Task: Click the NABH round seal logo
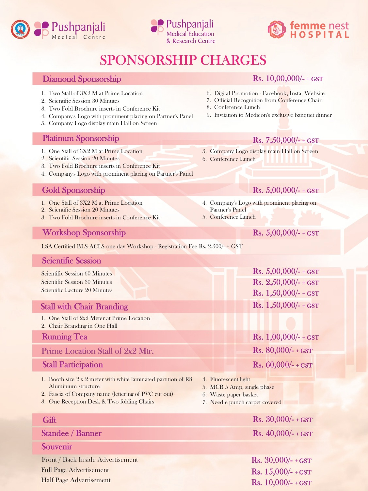pos(20,29)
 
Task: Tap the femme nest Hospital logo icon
pos(277,29)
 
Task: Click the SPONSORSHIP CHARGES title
pos(183,60)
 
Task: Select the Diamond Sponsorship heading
pos(82,79)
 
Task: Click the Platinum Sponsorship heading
pos(81,138)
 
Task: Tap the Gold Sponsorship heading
pos(73,190)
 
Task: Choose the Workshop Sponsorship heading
pos(84,233)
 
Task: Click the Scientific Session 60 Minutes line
pos(76,274)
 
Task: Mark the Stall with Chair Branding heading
pos(84,307)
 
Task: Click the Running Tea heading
pos(65,337)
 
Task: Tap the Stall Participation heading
pos(72,365)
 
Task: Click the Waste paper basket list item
pos(234,395)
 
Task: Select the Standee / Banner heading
pos(71,434)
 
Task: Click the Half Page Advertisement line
pos(76,480)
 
